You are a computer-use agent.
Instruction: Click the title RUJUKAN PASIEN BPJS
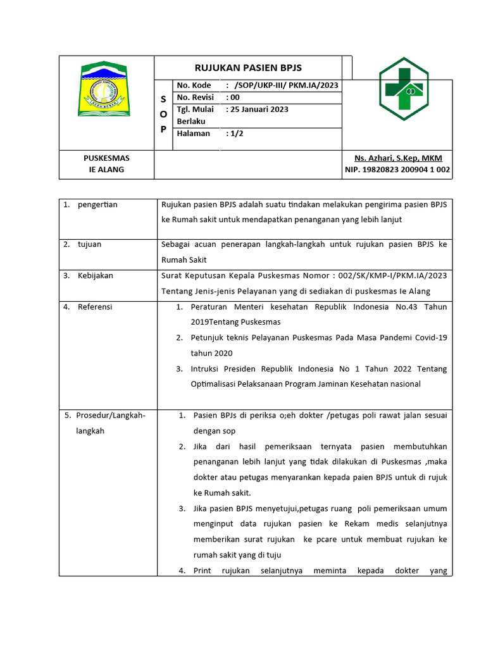(247, 68)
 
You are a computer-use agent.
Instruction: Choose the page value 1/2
(237, 134)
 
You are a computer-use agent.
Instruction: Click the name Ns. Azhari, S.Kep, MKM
(399, 158)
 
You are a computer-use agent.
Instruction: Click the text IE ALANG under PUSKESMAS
(106, 170)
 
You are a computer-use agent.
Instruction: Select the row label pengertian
(97, 204)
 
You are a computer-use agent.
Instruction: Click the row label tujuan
(89, 244)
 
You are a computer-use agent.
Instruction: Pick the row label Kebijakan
(96, 275)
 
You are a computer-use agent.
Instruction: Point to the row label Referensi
(95, 306)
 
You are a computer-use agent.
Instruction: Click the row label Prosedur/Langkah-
(111, 415)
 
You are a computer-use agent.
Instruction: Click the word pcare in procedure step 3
(332, 539)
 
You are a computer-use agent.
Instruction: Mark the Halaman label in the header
(194, 134)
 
